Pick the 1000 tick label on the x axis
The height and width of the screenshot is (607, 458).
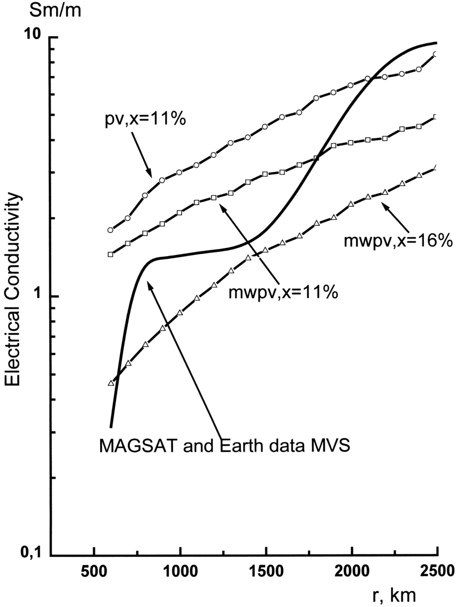tap(179, 571)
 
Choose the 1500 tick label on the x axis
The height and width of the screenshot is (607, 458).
tap(265, 571)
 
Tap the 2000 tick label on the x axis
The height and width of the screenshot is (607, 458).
tap(351, 571)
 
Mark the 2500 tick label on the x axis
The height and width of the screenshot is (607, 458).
tap(436, 571)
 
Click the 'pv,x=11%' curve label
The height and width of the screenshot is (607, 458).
tap(145, 120)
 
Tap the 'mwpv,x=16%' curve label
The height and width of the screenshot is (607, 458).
tap(397, 241)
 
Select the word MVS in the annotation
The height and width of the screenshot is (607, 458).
tap(333, 446)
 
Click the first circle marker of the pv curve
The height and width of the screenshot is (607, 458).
tap(110, 230)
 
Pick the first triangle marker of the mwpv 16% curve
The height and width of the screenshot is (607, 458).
tap(111, 383)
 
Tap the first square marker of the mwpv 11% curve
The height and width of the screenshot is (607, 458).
tap(110, 254)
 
